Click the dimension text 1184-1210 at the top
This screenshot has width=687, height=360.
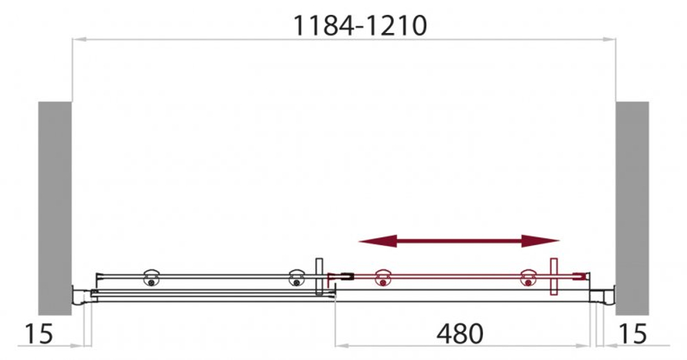pos(360,25)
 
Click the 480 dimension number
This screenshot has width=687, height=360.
pos(460,334)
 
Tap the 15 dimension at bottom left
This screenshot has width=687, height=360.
pos(39,334)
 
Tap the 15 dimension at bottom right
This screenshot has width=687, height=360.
pos(633,334)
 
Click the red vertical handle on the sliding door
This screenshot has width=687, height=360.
pos(554,276)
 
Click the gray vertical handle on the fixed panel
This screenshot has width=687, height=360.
pos(318,276)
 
